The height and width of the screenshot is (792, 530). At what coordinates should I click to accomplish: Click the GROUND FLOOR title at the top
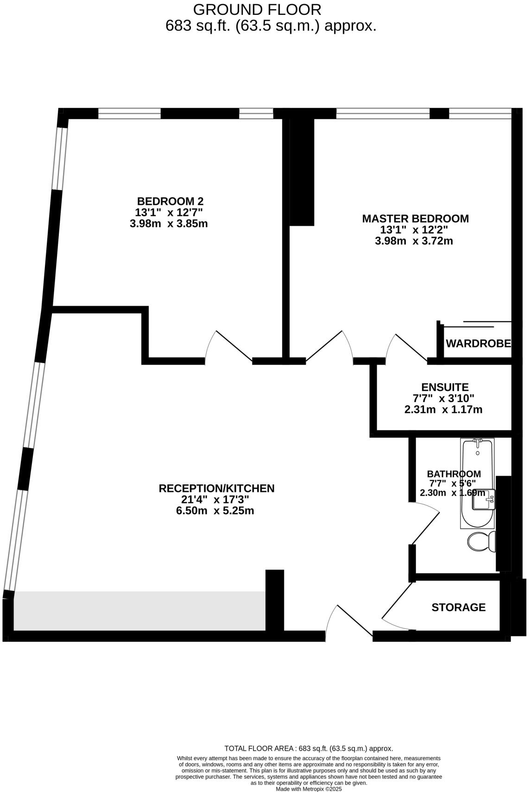pos(257,9)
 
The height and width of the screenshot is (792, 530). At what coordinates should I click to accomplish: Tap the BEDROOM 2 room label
pos(170,201)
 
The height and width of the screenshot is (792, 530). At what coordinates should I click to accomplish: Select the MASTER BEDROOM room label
pos(415,219)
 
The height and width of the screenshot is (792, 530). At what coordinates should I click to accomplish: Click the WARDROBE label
pos(478,344)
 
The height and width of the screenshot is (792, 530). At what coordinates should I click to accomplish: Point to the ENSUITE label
pos(445,387)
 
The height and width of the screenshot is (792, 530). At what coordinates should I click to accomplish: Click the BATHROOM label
pos(454,474)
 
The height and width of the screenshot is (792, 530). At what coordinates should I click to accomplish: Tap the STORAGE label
pos(458,607)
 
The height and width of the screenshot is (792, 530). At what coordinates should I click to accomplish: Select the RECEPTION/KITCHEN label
pos(216,488)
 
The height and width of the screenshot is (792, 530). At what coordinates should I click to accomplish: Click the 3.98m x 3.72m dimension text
pos(414,241)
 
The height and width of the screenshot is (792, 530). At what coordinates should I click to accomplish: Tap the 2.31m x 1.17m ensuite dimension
pos(443,409)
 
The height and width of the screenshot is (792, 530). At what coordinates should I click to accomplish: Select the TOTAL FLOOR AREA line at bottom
pos(309,748)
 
